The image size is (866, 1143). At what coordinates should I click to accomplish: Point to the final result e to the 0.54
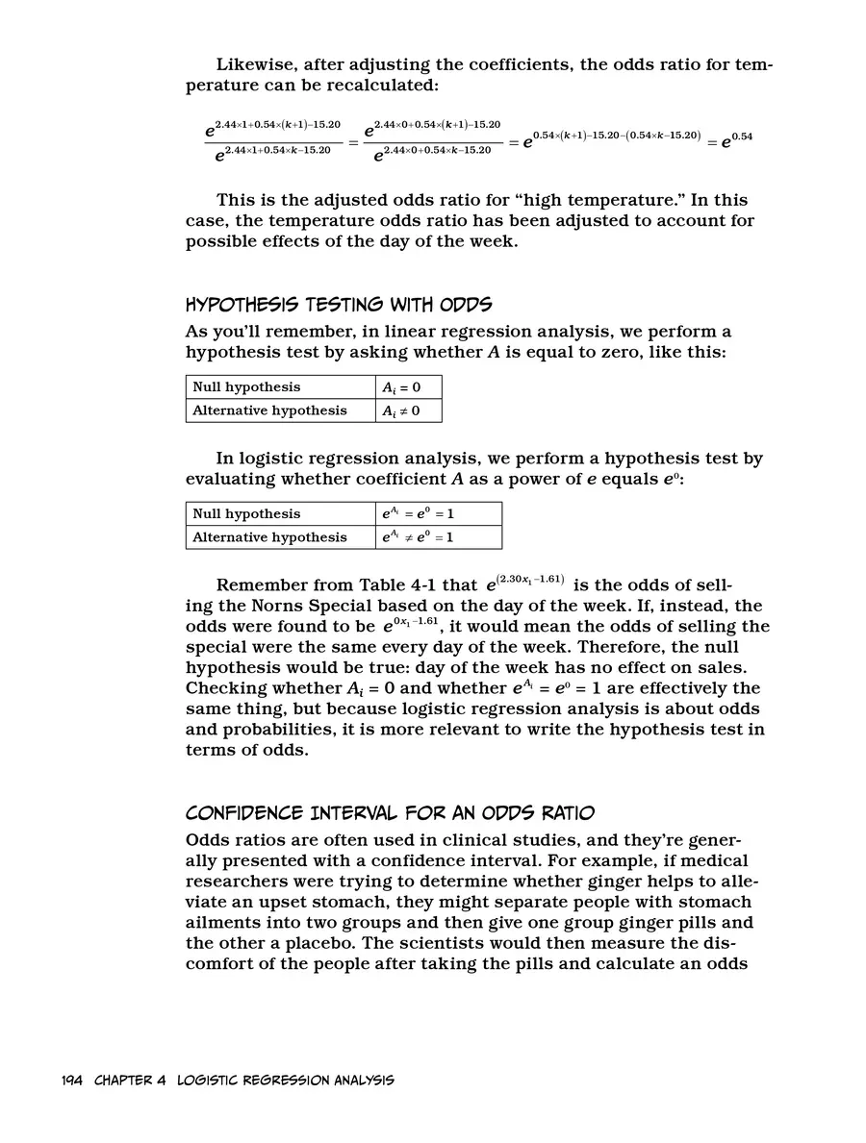(x=737, y=138)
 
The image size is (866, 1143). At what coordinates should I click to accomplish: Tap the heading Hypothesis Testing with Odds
(x=338, y=306)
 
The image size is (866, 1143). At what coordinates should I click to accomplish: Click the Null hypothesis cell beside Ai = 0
(x=246, y=387)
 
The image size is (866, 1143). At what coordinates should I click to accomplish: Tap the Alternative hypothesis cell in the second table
(x=269, y=537)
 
